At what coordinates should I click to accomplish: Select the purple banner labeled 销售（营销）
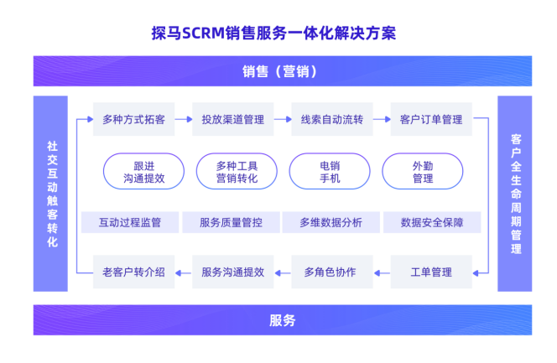tap(282, 71)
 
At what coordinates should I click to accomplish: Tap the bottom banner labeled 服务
tap(282, 319)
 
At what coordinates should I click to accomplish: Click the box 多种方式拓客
tap(133, 120)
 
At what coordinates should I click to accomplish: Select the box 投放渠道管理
tap(232, 120)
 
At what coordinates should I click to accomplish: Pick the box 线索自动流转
tap(332, 120)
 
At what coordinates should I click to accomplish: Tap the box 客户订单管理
tap(431, 120)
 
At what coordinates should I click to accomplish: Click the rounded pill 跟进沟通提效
tap(143, 172)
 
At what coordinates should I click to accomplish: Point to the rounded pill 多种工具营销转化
tap(237, 172)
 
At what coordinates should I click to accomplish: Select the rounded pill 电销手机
tap(330, 172)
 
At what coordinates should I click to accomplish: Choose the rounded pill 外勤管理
tap(423, 172)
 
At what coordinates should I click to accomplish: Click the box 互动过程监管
tap(129, 222)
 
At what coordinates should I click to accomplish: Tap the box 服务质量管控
tap(231, 222)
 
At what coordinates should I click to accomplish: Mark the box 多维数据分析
tap(331, 222)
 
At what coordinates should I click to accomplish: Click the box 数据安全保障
tap(433, 222)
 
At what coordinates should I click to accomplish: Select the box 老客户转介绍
tap(133, 272)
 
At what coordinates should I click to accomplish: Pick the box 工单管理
tap(431, 272)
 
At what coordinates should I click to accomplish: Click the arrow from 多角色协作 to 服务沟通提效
tap(283, 272)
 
